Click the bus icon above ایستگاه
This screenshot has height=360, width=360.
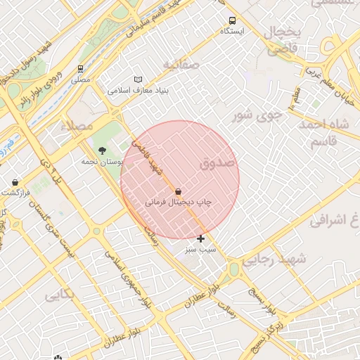tap(233, 20)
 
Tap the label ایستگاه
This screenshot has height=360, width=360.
tap(233, 32)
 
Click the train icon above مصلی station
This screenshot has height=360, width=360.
tap(82, 69)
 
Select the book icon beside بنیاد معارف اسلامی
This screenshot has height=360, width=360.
tap(138, 80)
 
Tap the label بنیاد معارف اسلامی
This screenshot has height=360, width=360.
tap(139, 91)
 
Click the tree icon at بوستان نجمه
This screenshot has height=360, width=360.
tap(103, 150)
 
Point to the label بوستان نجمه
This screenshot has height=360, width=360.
tap(102, 161)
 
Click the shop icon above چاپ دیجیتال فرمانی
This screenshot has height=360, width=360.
tap(178, 191)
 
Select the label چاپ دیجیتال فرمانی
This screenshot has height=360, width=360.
tap(178, 202)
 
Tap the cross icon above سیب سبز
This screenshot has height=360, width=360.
tap(201, 239)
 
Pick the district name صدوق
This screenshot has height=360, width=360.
tap(219, 163)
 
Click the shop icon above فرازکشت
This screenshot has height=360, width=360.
tap(15, 182)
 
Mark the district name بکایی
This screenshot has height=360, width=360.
tap(59, 295)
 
